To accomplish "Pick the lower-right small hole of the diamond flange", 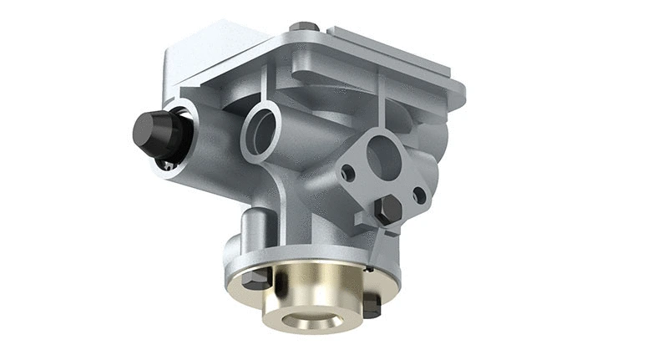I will pyautogui.click(x=419, y=195).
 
